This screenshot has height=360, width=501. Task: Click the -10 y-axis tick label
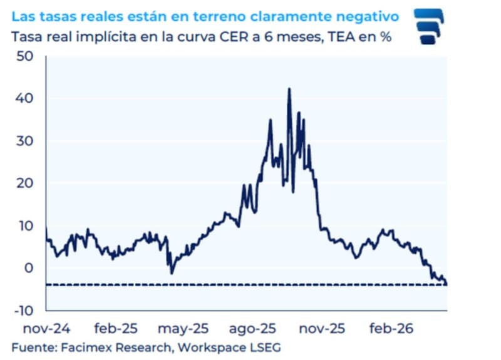click(x=24, y=310)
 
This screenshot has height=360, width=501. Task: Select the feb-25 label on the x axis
click(x=116, y=327)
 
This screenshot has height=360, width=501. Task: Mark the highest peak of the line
click(x=289, y=89)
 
